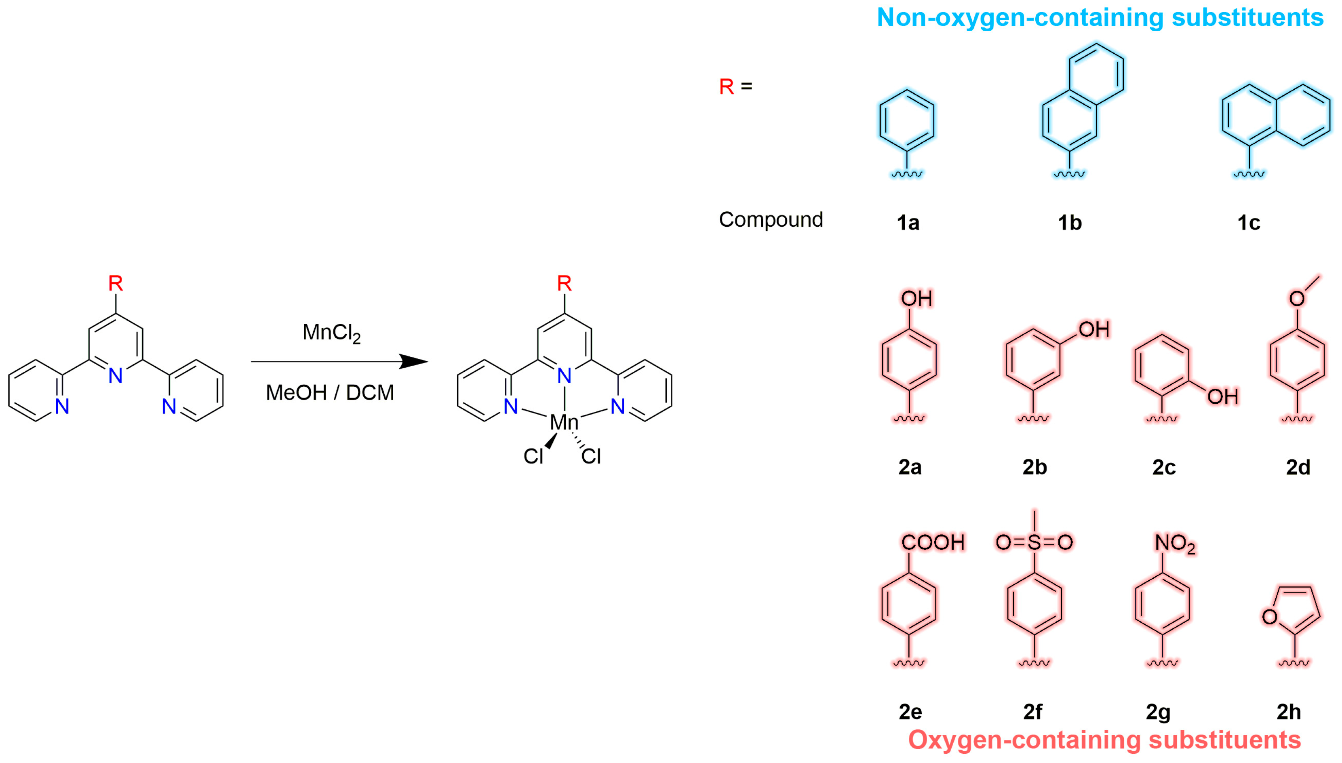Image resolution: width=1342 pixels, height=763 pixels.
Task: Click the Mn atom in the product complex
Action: coord(564,422)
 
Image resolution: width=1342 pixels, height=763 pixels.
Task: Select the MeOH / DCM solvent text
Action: coord(330,392)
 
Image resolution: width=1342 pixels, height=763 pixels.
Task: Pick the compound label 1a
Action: coord(908,223)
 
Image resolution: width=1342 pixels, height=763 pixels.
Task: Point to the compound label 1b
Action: coord(1070,223)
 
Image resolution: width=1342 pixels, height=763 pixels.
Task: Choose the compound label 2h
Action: coord(1289,712)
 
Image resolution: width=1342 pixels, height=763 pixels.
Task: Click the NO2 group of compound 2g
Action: coord(1175,544)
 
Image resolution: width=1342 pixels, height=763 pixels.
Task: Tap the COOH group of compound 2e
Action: coord(933,542)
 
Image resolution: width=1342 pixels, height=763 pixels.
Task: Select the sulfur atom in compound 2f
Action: coord(1034,542)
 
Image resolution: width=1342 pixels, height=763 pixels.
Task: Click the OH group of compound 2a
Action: coord(916,299)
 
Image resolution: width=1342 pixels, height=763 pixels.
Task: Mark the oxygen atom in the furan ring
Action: coord(1269,617)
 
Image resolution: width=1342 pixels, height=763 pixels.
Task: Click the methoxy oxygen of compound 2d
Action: coord(1297,299)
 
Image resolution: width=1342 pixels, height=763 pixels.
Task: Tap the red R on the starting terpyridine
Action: coord(115,284)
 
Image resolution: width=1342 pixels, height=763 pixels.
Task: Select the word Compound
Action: coord(770,219)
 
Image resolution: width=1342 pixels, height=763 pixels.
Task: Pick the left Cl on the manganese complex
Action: coord(533,456)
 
